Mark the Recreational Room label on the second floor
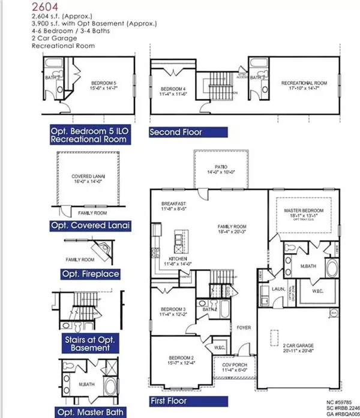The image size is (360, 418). tap(303, 79)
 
